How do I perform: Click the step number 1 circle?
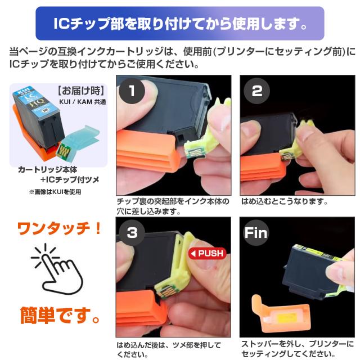(132, 91)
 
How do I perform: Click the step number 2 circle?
(256, 91)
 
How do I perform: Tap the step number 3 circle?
(132, 232)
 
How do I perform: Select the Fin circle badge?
(256, 232)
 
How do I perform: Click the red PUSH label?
(208, 253)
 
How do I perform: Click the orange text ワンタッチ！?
(60, 229)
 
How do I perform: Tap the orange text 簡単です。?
(60, 315)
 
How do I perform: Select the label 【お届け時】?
(81, 91)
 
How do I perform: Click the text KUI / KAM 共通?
(83, 102)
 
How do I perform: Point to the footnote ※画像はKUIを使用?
(55, 192)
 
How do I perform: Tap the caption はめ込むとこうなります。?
(285, 201)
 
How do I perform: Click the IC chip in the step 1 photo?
(195, 153)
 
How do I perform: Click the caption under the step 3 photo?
(169, 349)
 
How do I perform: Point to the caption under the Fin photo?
(298, 349)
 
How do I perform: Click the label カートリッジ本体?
(47, 170)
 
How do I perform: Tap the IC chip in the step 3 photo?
(165, 291)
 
